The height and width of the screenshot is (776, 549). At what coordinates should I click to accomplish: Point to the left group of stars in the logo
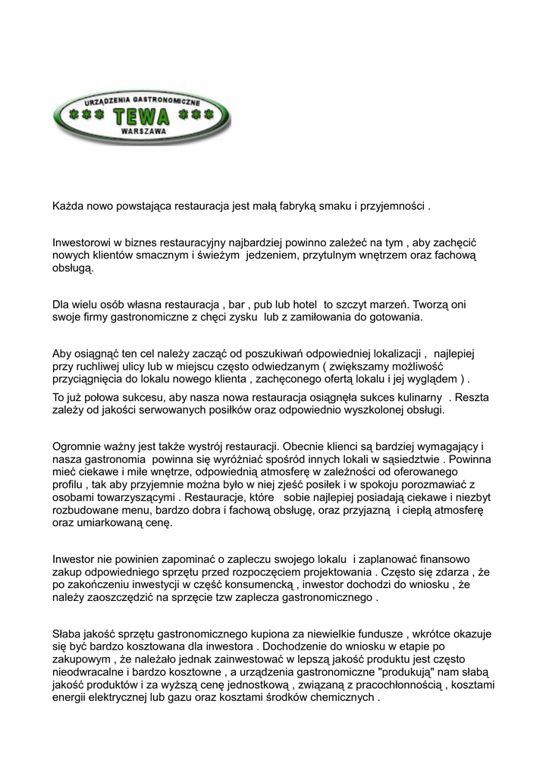click(x=84, y=116)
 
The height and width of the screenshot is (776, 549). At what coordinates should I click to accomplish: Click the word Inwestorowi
click(x=81, y=242)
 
